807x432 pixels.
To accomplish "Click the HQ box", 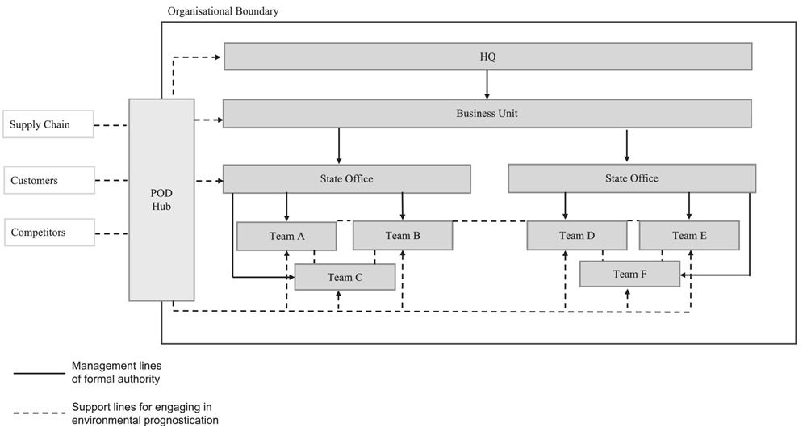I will [487, 57].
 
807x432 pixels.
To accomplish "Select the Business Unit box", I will [487, 114].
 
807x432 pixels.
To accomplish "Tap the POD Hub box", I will [161, 199].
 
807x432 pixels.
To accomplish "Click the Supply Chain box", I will [48, 124].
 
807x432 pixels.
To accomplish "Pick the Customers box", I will [48, 181].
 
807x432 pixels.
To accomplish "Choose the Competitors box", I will [48, 233].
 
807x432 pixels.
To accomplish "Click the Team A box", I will [286, 236].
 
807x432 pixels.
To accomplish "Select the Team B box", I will [403, 236].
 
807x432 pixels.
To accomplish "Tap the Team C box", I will [345, 277].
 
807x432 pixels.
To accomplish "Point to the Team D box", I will [576, 236].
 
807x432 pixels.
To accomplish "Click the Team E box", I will [689, 236].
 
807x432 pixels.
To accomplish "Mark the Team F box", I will [629, 275].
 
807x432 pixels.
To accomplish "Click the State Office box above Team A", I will [346, 179].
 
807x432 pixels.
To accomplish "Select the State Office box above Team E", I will [632, 178].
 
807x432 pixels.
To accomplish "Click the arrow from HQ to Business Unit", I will [487, 85].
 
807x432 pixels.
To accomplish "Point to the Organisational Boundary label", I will [224, 11].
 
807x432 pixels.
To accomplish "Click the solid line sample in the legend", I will [39, 374].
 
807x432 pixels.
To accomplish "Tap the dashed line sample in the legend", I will [39, 413].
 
